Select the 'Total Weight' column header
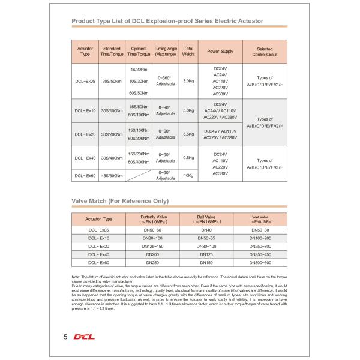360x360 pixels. click(188, 52)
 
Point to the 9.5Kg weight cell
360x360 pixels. click(188, 158)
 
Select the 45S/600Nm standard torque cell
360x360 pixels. click(112, 175)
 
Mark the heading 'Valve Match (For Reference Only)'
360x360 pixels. click(119, 200)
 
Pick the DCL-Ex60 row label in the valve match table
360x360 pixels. click(99, 262)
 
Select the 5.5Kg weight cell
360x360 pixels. click(188, 134)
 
